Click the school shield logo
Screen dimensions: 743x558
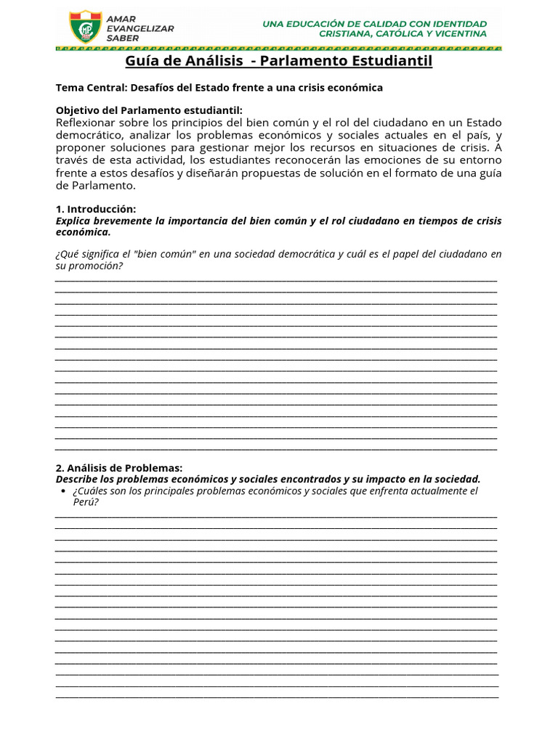coord(85,27)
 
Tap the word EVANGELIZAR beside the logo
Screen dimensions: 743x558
coord(140,28)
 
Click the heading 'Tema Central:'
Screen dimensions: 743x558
coord(91,88)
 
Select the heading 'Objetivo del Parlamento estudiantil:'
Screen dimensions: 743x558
coord(149,110)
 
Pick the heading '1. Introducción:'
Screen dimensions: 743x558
coord(96,209)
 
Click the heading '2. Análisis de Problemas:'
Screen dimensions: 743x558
coord(119,468)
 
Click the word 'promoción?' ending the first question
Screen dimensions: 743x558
coord(97,266)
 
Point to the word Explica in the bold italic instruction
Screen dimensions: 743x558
coord(73,221)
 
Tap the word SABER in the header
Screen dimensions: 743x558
coord(122,37)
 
